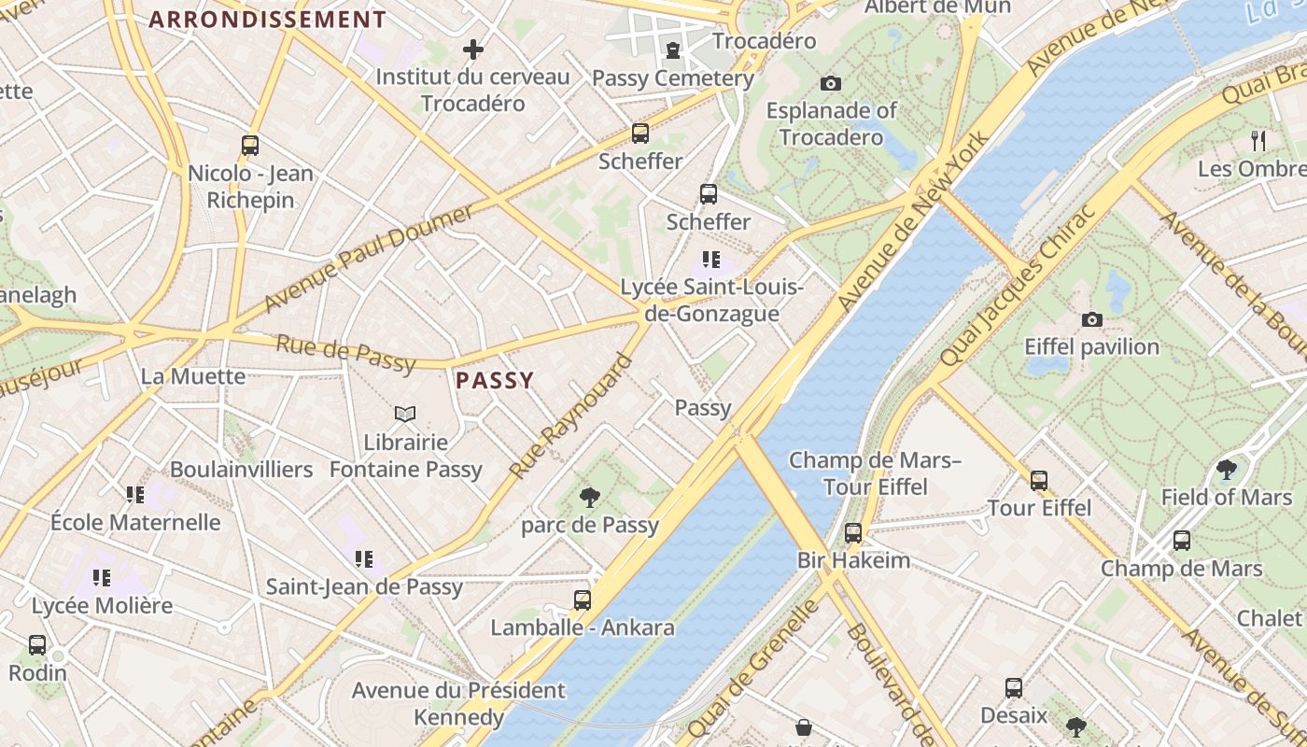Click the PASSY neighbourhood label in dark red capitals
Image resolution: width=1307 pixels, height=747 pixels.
point(495,380)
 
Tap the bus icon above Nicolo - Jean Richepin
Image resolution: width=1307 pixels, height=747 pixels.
point(249,146)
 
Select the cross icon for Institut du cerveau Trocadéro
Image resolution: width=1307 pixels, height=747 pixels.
point(473,49)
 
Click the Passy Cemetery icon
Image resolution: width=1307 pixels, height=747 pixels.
point(672,50)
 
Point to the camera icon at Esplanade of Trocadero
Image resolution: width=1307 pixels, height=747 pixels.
point(830,83)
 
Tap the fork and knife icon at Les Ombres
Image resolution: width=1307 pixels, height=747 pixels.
point(1258,141)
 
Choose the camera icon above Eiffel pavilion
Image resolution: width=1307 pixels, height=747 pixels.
point(1091,319)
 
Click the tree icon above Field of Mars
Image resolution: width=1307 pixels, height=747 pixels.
point(1226,470)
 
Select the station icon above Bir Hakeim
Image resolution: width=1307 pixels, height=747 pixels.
point(852,532)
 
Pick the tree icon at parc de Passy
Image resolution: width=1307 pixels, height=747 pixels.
point(589,497)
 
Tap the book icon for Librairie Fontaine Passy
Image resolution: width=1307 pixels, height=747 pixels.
point(405,414)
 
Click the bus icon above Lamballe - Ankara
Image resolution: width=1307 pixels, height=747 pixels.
point(583,599)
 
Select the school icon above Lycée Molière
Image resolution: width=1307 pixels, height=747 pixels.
point(102,578)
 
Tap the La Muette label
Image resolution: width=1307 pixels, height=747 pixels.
point(193,376)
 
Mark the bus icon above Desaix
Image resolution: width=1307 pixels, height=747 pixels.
point(1014,688)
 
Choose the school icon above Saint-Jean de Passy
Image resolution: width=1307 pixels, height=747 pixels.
point(364,559)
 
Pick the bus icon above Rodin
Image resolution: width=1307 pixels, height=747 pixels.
point(37,644)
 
